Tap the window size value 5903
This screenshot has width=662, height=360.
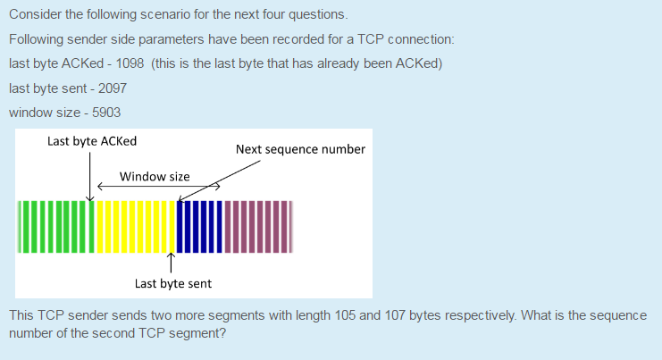tap(106, 113)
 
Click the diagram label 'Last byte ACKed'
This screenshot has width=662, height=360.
tap(92, 141)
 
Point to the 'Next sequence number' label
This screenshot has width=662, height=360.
tap(300, 149)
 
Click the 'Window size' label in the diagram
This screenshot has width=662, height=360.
tap(155, 176)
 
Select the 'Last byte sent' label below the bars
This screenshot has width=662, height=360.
tap(173, 283)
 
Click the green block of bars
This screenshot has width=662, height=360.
tap(54, 226)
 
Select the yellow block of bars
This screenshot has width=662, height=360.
tap(135, 226)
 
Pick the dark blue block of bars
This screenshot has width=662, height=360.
tap(198, 226)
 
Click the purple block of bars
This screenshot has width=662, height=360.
tap(257, 226)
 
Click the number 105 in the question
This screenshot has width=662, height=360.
tap(343, 316)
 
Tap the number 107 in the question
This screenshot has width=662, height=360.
tap(395, 316)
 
